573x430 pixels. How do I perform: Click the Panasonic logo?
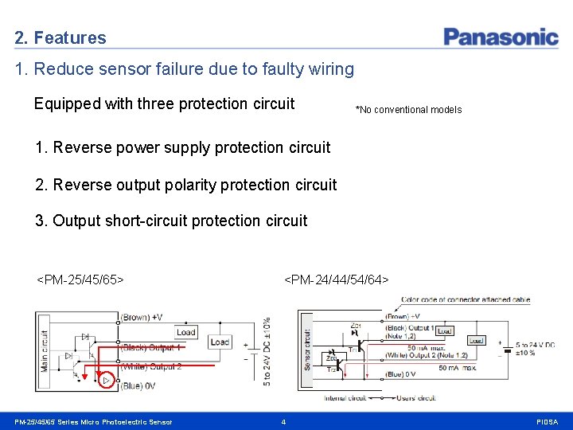click(501, 37)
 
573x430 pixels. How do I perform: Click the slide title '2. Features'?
click(60, 37)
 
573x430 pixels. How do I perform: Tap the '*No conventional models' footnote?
click(408, 110)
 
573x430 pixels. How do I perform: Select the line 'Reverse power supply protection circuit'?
click(183, 147)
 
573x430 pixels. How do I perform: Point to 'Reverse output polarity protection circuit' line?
click(186, 185)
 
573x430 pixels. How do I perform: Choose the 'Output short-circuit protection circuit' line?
click(171, 221)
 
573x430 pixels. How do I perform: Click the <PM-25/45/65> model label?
click(80, 279)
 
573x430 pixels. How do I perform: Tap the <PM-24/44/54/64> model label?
click(337, 279)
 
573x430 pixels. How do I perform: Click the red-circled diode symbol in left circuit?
click(106, 381)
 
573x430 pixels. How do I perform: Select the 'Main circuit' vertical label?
click(45, 350)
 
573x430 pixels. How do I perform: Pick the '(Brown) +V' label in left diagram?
click(142, 318)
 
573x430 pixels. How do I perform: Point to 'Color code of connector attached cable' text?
click(466, 300)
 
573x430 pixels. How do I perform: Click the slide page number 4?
click(283, 421)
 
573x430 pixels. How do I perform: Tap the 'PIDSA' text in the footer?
click(548, 421)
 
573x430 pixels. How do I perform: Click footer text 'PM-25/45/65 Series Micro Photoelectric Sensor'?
click(93, 421)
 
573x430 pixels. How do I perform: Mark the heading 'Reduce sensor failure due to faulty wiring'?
click(184, 69)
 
